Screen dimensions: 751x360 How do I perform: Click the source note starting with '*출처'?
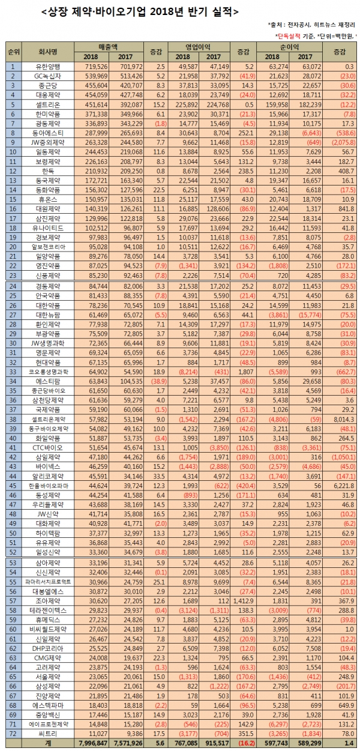311,25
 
